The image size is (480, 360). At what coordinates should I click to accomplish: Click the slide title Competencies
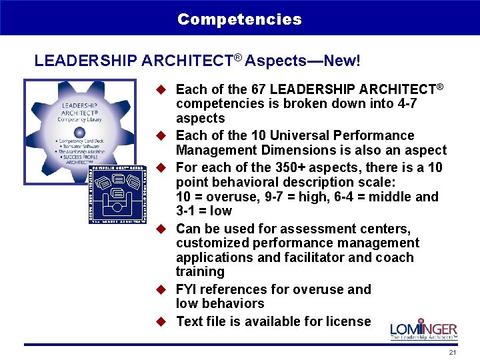(239, 19)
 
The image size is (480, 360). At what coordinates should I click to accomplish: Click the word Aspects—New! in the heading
(303, 61)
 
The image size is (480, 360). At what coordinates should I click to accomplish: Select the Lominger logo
(423, 329)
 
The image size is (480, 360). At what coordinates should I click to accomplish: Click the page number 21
(453, 353)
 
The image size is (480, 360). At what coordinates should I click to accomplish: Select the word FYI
(187, 290)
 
